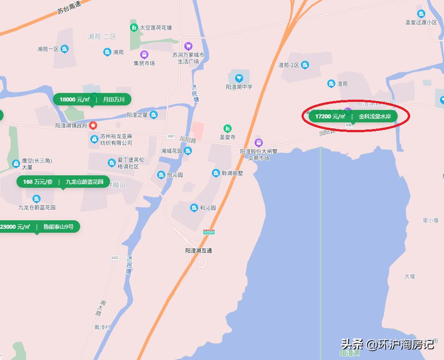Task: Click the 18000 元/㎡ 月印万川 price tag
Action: point(92,99)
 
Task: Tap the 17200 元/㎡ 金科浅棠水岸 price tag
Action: point(353,117)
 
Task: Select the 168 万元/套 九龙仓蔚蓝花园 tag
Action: point(63,182)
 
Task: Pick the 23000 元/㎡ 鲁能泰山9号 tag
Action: point(39,227)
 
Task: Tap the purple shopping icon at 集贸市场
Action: point(144,55)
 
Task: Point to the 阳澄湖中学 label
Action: point(239,87)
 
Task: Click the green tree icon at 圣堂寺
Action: point(228,129)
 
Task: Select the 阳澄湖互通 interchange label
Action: point(199,251)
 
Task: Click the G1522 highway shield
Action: point(208,232)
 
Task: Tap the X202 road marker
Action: point(115,258)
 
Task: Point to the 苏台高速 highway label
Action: point(69,8)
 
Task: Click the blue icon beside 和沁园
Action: point(194,208)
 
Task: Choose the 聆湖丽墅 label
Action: point(233,173)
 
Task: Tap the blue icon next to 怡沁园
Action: point(161,175)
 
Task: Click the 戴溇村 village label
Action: point(102,327)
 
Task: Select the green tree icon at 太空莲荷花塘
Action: point(134,28)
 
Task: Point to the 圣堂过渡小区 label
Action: point(421,22)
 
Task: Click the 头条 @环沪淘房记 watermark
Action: point(387,344)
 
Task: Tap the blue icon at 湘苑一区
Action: point(65,49)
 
